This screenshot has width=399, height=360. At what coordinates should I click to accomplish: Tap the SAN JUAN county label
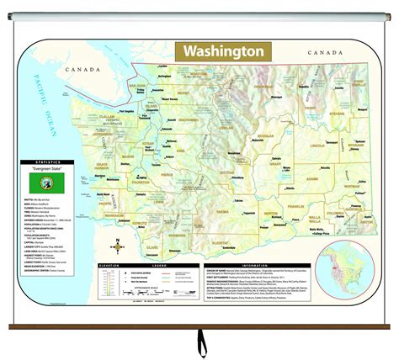[x=139, y=86]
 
